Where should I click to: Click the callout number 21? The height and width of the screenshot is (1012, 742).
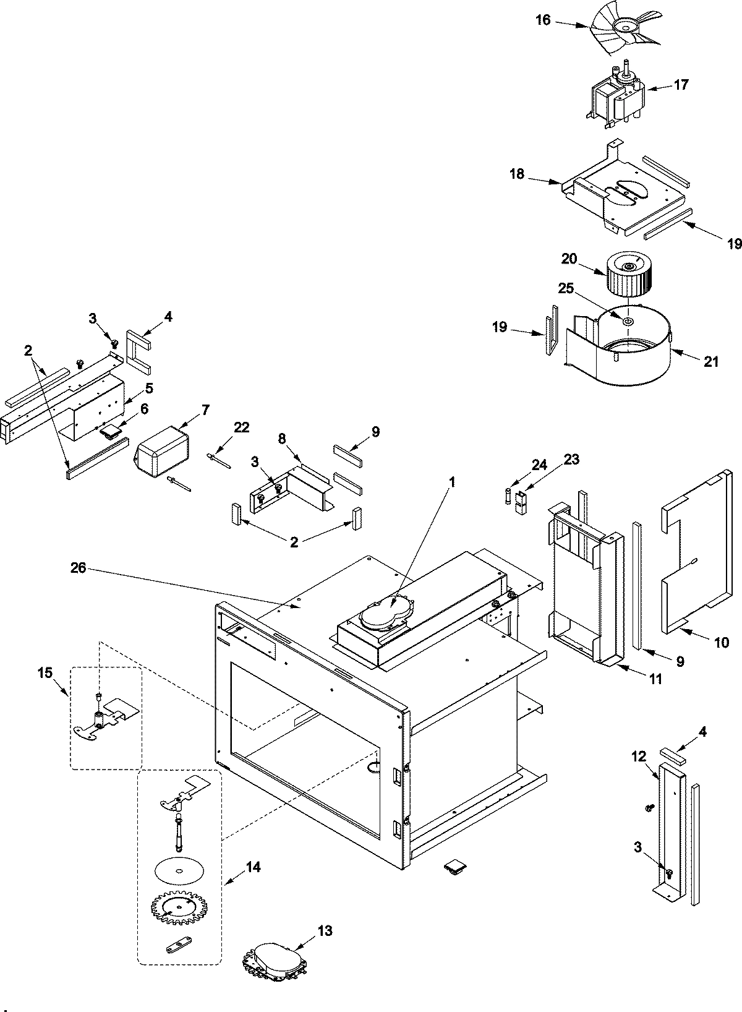tap(711, 361)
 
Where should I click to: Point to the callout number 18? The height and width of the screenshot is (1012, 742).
tap(517, 174)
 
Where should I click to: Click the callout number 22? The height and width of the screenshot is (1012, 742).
tap(242, 427)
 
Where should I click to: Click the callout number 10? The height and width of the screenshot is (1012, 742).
tap(721, 643)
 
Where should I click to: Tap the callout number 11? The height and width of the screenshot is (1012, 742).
tap(655, 679)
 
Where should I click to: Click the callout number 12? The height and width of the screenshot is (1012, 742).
tap(638, 756)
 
